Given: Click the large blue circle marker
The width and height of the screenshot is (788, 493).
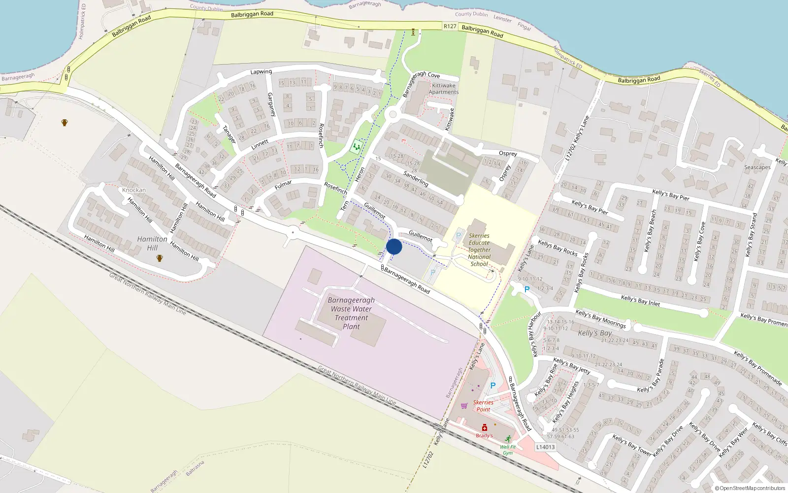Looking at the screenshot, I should [394, 246].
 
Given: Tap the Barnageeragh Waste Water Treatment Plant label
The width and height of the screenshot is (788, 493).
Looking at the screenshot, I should [351, 313].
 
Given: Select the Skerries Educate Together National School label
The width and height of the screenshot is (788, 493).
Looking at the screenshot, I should [479, 250].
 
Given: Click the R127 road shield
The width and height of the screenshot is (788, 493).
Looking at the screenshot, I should [450, 27].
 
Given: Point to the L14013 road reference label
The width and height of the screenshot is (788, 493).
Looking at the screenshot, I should [545, 447].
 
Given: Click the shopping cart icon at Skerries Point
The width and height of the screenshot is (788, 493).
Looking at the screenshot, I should [464, 406].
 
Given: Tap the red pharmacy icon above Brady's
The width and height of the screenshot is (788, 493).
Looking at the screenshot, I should [485, 427].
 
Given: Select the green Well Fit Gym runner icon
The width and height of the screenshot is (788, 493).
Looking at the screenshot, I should [508, 439].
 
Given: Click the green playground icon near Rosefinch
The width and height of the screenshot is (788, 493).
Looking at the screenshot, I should [356, 146].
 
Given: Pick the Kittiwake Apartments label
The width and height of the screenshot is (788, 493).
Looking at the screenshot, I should [443, 89].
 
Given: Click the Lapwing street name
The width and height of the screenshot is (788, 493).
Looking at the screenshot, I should [261, 72].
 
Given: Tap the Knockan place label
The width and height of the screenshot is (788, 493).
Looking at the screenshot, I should [134, 190].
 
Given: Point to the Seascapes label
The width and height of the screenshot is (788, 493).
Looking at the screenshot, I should [757, 167].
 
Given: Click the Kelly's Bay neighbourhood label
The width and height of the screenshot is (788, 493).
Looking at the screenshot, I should [594, 333].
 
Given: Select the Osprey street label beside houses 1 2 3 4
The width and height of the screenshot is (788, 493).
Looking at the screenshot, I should [508, 153].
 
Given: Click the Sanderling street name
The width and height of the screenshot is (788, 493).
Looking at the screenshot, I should [416, 178].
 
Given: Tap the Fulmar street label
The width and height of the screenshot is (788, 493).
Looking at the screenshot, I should [283, 185].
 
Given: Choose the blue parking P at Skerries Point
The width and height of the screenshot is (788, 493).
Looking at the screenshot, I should [492, 386].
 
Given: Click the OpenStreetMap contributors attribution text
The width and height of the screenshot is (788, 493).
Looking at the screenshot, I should [750, 488].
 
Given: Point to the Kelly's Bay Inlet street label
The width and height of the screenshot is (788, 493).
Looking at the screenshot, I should [640, 300].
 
